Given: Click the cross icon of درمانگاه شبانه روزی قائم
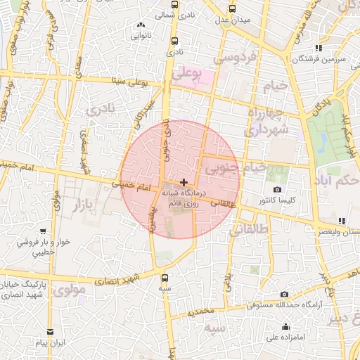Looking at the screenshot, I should point(184,182).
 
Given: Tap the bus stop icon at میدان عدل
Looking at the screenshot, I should point(233,9).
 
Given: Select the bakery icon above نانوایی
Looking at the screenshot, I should point(140,25).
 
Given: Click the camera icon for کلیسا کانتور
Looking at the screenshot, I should point(278,190).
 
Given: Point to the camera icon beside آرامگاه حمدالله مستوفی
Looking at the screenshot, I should point(284,295).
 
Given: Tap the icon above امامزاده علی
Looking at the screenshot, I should point(286,326).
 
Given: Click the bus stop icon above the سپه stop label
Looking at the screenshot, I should point(165,278).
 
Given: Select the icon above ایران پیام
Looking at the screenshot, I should point(50,332).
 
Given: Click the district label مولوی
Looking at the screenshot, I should point(69,289).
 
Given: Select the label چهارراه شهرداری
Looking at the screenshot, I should point(266,122).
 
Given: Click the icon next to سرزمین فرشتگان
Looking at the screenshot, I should point(319,48).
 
